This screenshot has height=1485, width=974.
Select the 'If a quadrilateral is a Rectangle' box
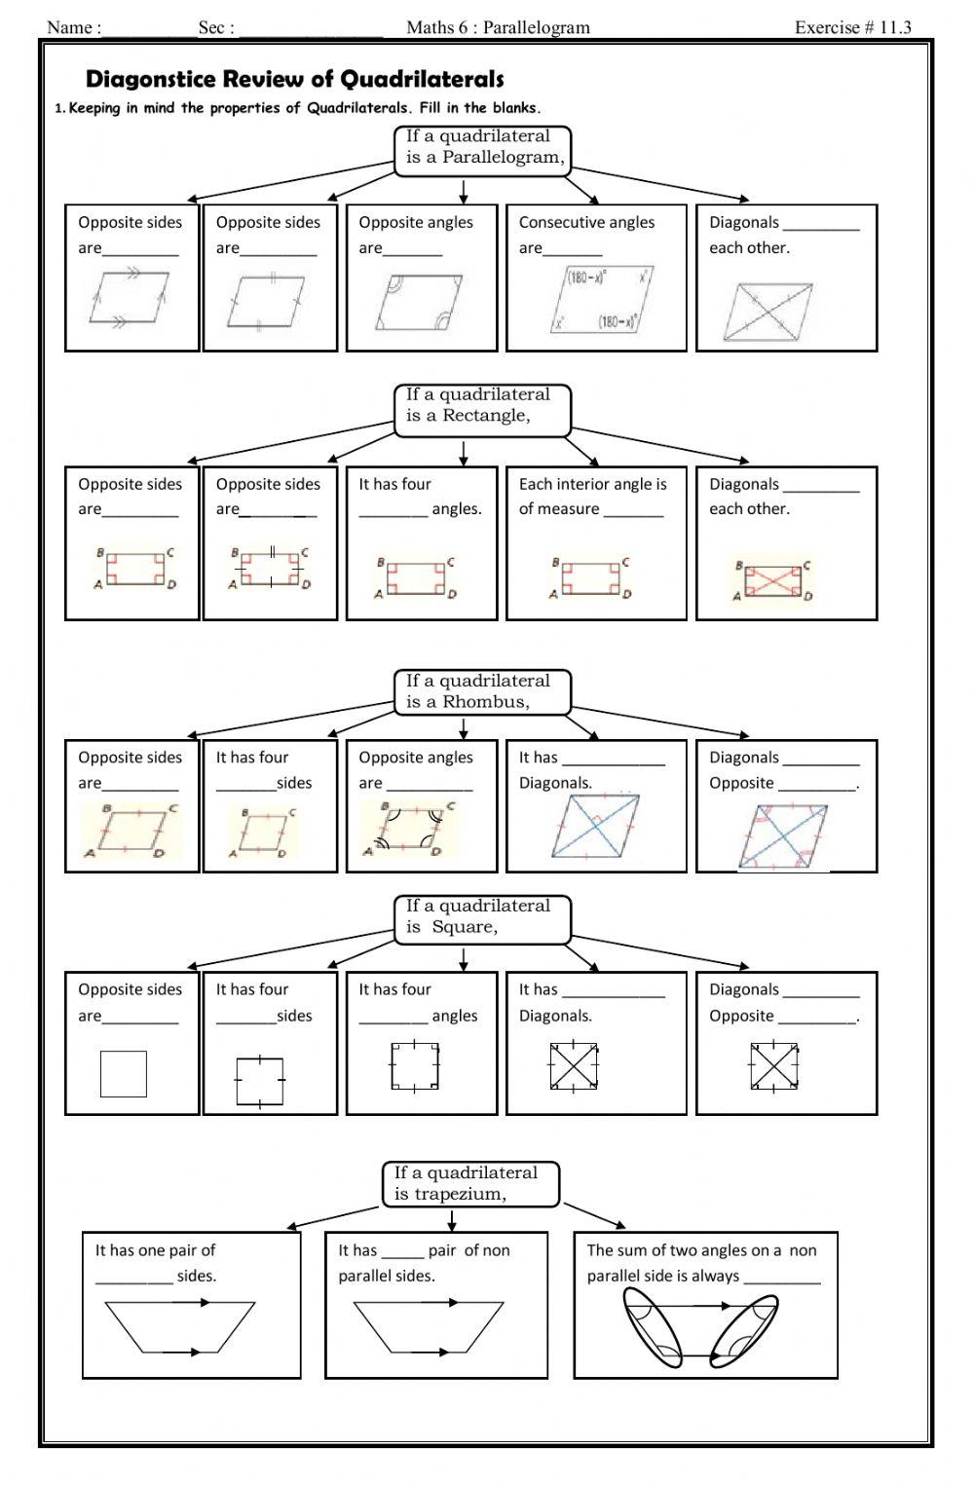tap(483, 406)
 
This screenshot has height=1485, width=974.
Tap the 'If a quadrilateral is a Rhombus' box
tap(483, 691)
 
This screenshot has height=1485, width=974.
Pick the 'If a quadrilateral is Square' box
tap(483, 917)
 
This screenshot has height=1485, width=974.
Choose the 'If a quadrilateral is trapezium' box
tap(472, 1184)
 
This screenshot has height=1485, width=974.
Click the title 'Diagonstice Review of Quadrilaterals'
tap(295, 79)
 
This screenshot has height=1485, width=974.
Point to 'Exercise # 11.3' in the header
tap(852, 27)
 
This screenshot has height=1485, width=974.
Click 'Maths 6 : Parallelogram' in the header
tap(498, 27)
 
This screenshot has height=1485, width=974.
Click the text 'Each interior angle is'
tap(592, 484)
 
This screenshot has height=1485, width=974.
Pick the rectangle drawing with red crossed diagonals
tap(773, 580)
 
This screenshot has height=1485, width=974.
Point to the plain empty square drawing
tap(124, 1073)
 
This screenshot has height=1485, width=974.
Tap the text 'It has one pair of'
tap(155, 1250)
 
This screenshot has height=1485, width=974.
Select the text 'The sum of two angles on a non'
tap(701, 1250)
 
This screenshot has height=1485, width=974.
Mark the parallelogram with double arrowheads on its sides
tap(130, 297)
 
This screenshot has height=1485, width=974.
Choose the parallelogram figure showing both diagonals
tap(768, 312)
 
